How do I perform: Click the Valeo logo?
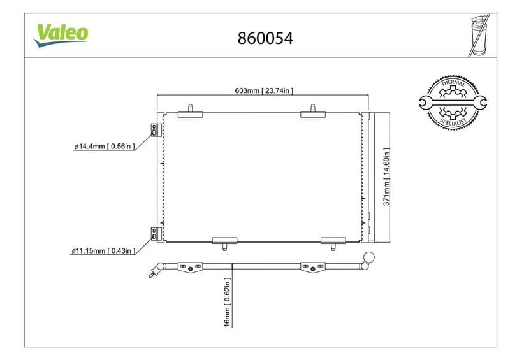[x=61, y=35]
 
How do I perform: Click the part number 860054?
[x=265, y=38]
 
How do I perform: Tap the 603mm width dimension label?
[x=264, y=90]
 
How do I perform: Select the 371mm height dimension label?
[x=386, y=176]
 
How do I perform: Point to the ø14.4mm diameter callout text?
[x=104, y=147]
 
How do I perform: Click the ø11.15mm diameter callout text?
[x=103, y=251]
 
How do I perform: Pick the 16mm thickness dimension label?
[x=228, y=302]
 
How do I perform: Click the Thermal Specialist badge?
[x=453, y=103]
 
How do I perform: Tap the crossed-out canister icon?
[x=479, y=35]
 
